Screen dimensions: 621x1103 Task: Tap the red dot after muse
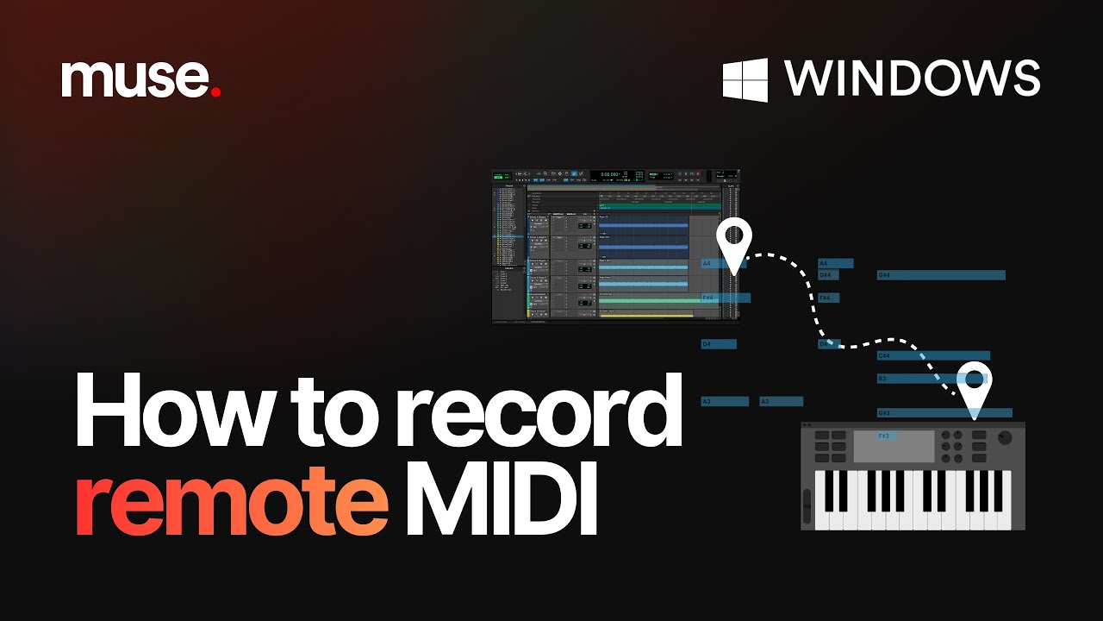[215, 91]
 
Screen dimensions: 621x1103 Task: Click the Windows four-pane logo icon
[745, 79]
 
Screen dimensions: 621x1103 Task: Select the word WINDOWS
[912, 78]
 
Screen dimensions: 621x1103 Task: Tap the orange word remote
[231, 505]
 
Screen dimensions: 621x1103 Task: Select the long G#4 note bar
[941, 275]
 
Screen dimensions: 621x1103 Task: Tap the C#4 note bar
[933, 355]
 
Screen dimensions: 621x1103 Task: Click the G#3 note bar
[944, 413]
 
